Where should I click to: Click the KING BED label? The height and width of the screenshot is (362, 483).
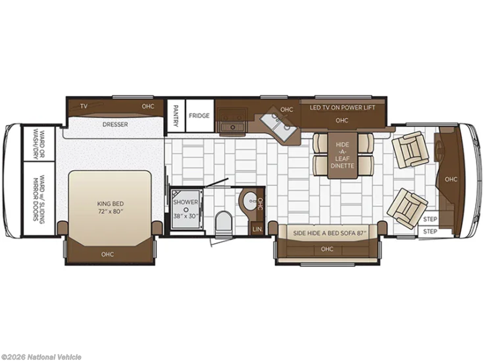110,204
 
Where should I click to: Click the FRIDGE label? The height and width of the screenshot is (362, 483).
199,116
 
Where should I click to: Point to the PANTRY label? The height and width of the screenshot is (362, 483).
175,116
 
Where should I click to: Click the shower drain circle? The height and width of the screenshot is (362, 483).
186,209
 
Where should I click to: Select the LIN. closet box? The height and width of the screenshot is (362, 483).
258,229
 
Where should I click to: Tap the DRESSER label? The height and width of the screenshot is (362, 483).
115,124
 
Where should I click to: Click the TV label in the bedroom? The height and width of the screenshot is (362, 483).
84,107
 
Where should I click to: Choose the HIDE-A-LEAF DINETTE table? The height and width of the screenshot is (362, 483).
342,155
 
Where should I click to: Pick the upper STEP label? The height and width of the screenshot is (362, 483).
430,219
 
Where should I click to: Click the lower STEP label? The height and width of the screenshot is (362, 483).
430,231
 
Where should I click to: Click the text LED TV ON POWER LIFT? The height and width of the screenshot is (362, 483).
342,107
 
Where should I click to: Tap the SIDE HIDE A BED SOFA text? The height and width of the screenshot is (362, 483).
330,233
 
